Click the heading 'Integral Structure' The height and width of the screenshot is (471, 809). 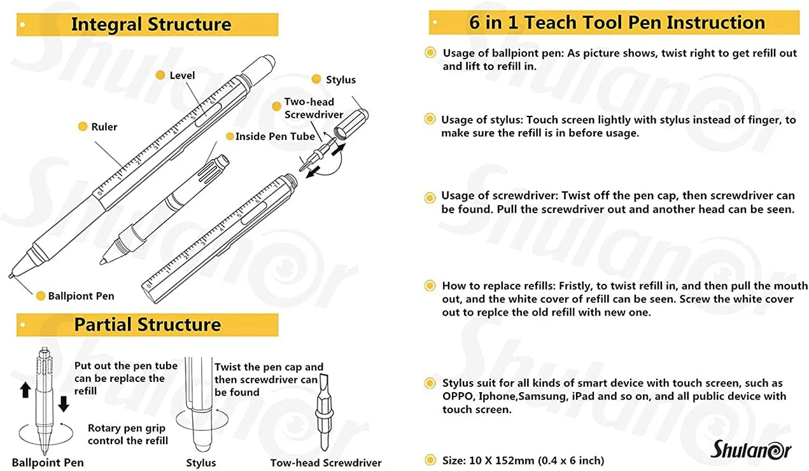tap(151, 25)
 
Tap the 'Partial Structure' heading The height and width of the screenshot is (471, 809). tap(147, 325)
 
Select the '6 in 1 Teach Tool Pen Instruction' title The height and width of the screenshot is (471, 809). tap(617, 23)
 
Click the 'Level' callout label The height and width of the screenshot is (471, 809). tap(182, 76)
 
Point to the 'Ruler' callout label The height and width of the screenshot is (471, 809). tap(104, 127)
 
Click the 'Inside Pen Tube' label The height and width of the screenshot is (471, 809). tap(275, 136)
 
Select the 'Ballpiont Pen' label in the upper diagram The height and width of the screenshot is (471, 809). tap(81, 296)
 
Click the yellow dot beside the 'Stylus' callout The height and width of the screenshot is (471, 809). tap(316, 80)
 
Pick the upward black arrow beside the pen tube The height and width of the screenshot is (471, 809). tap(25, 390)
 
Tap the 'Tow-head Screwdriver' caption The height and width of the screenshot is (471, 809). tap(326, 463)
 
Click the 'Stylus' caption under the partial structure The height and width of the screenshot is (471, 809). tap(200, 463)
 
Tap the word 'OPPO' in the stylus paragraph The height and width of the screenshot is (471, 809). tap(458, 396)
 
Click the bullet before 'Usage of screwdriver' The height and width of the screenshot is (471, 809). tap(430, 196)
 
